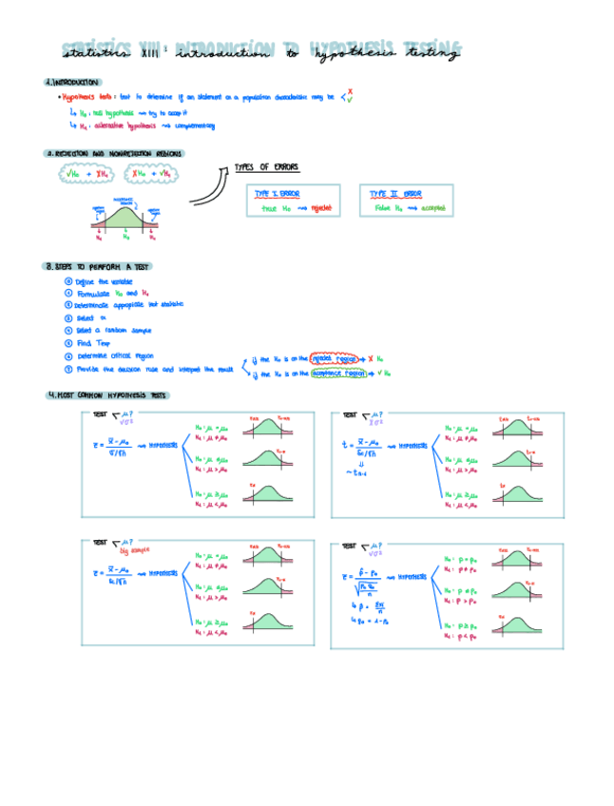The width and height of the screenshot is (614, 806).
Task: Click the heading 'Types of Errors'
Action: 266,167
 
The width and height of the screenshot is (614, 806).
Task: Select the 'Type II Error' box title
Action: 395,193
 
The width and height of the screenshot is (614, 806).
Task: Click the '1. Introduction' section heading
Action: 72,82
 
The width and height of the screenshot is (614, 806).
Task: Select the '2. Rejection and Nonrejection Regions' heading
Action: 115,153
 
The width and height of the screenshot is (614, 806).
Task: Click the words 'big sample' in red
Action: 137,549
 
